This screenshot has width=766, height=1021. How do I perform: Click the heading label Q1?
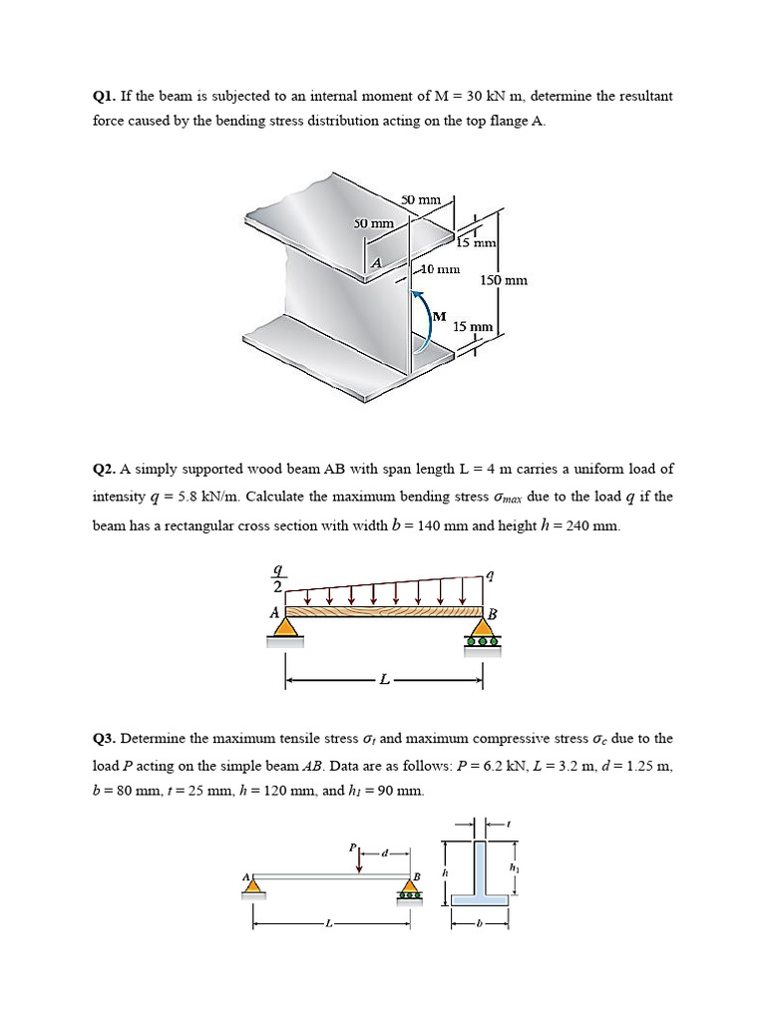click(x=103, y=97)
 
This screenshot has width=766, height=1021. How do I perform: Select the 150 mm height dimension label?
click(x=504, y=280)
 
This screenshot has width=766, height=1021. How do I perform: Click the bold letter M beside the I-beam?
click(x=439, y=315)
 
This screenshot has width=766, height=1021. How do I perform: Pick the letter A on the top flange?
click(x=376, y=262)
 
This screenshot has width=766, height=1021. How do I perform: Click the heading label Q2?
click(x=103, y=468)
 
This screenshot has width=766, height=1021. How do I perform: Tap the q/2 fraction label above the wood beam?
click(x=279, y=578)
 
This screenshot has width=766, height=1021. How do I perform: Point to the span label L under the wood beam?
click(x=384, y=681)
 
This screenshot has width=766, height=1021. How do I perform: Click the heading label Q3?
click(x=103, y=739)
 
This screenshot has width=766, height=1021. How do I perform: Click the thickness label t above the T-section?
click(x=512, y=824)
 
